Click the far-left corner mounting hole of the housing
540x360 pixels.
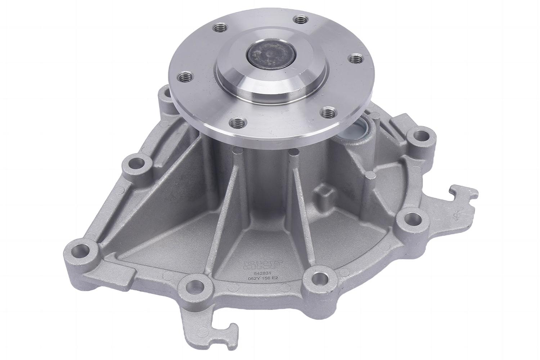(81, 249)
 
